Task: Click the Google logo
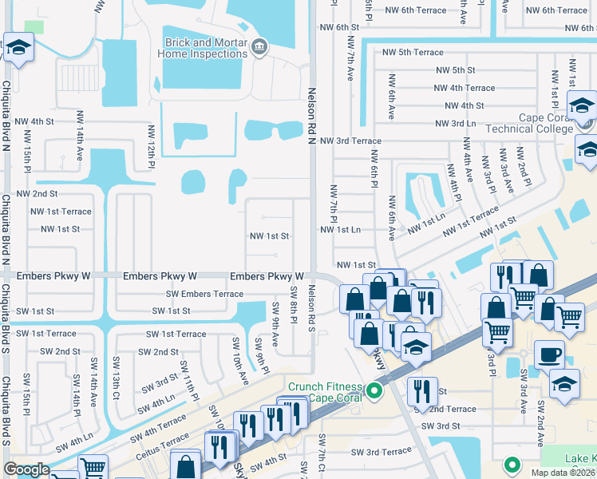coord(27,470)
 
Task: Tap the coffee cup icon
coord(549,354)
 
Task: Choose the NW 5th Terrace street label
coord(413,52)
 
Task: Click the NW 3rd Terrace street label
coord(350,141)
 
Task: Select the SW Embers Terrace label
coord(204,294)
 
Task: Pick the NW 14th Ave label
coord(80,143)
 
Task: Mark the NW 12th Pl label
coord(150,146)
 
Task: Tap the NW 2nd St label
coord(34,194)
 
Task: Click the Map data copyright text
coord(563,473)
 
